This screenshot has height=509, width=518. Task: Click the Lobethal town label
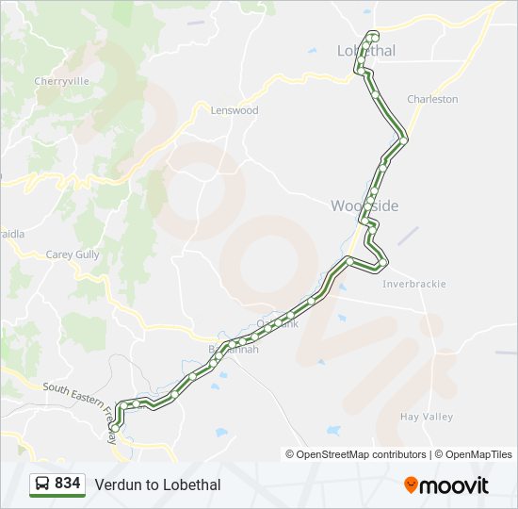point(366,51)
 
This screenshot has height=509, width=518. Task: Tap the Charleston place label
point(432,99)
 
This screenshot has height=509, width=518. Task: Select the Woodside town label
point(364,206)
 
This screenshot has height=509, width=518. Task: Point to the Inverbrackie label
point(414,284)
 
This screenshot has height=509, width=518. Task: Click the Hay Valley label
point(427,417)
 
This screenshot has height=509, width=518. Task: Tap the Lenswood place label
point(235,110)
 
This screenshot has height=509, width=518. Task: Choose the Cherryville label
point(61,81)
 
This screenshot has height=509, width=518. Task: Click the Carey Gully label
point(73,254)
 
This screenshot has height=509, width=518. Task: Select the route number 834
point(68,484)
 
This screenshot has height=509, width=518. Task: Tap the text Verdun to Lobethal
point(157,484)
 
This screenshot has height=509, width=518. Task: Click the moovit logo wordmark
point(455,484)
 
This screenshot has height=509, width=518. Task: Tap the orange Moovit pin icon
point(411,484)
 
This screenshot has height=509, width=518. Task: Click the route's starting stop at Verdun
point(115,427)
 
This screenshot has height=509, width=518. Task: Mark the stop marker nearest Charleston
point(404,140)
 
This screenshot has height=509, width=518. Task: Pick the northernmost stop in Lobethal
point(374,36)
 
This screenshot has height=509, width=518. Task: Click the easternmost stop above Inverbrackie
point(383,261)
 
